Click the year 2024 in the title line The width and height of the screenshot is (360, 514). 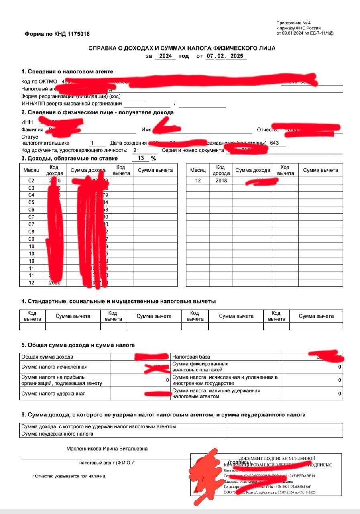point(165,56)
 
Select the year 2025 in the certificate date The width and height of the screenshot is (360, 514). point(237,56)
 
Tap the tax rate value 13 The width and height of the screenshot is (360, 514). point(141,158)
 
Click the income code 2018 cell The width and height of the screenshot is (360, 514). point(220,181)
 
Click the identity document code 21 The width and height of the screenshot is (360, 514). point(136,150)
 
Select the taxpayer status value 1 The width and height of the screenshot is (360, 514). point(92,143)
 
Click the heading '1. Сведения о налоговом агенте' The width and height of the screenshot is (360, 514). point(67,71)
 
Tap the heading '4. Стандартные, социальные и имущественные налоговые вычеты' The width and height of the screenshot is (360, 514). point(118,301)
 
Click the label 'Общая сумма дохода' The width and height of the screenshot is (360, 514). point(47,357)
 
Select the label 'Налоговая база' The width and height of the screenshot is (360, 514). point(191,357)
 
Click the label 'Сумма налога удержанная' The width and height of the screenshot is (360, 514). point(53,394)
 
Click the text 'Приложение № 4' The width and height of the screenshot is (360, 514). point(293,23)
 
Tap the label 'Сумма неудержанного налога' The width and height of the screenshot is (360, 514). point(57,434)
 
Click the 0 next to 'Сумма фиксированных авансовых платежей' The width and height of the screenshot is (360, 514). point(339,367)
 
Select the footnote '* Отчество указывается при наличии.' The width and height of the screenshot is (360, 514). point(69,476)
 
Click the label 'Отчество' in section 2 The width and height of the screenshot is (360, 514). point(268,130)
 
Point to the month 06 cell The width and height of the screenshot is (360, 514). point(31,210)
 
